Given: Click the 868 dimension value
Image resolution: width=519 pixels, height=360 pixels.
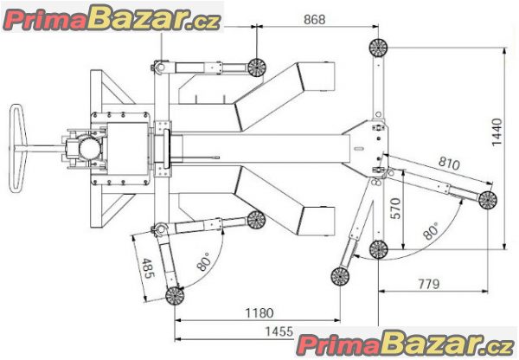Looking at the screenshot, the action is click(x=315, y=20).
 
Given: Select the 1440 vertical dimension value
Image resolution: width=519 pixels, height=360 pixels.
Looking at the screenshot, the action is click(x=497, y=132).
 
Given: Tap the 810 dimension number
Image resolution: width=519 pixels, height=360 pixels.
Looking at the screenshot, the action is click(x=449, y=163).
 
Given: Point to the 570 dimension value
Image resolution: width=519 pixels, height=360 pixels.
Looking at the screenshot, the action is click(x=395, y=209).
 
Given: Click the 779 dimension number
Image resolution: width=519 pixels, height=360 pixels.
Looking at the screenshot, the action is click(x=429, y=284).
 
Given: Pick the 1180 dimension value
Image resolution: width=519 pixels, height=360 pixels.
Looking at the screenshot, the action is click(x=259, y=312).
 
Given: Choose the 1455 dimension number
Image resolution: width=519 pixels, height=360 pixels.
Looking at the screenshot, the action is click(x=279, y=331).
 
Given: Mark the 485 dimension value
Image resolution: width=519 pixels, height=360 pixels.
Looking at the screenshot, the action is click(x=148, y=268).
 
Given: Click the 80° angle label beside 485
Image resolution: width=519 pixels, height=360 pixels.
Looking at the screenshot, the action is click(x=203, y=261).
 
